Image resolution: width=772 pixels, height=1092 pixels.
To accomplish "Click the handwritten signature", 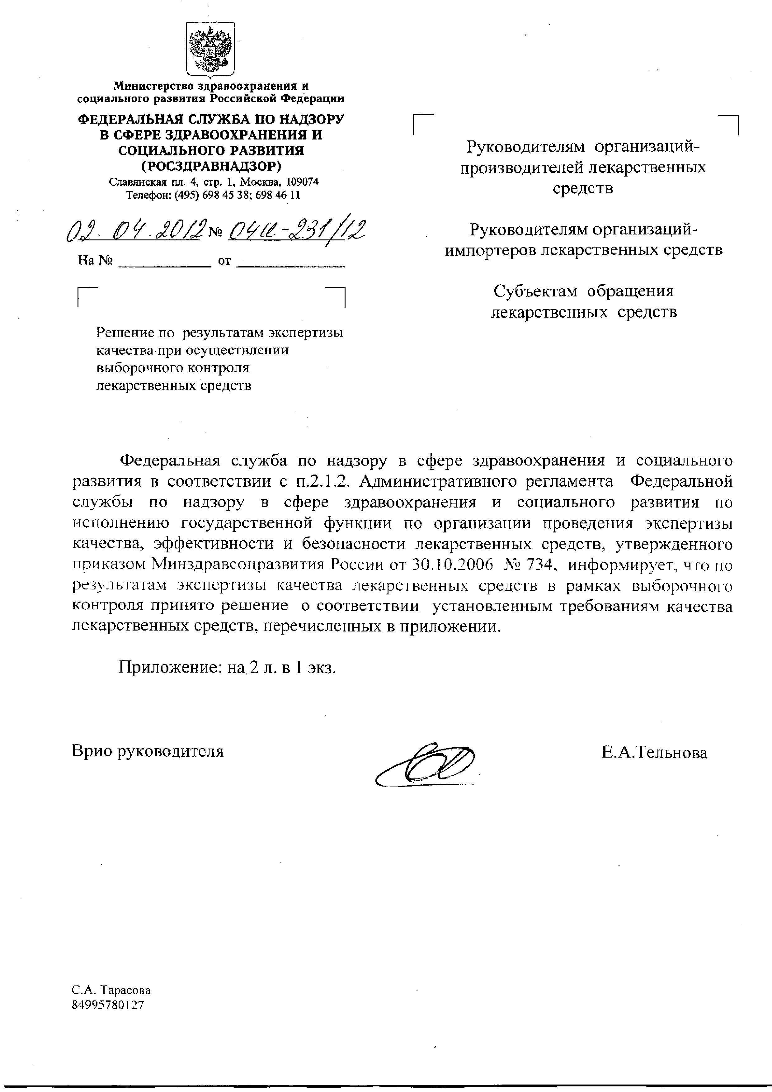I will [x=426, y=766].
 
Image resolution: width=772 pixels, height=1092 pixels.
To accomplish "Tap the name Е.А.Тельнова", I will [x=654, y=752].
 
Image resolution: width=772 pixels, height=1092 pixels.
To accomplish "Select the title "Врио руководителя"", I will [x=147, y=751].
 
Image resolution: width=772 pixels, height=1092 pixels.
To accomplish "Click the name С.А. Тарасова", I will [x=111, y=991].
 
